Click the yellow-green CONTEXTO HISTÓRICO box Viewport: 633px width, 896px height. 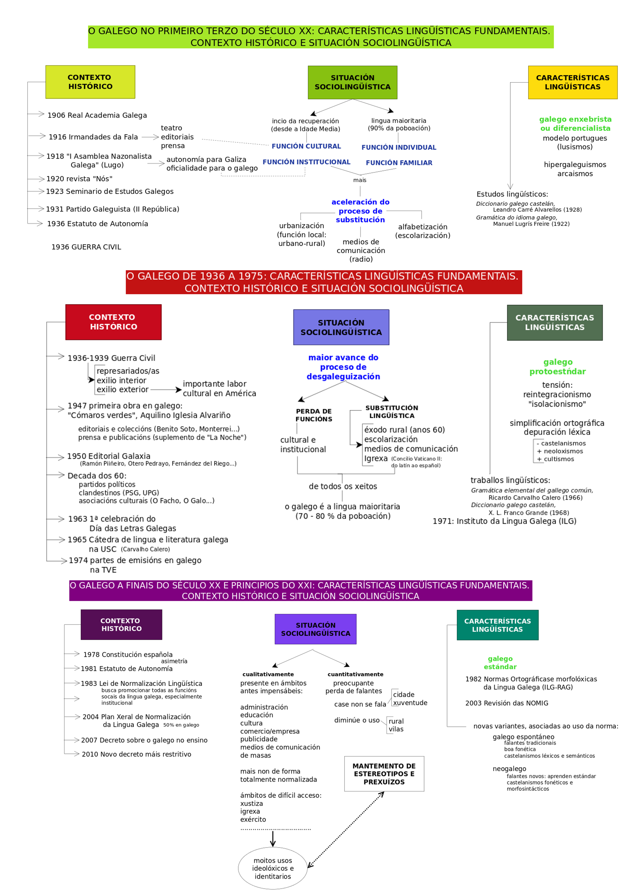coord(90,82)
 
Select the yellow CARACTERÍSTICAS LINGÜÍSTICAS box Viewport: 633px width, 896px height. coord(572,82)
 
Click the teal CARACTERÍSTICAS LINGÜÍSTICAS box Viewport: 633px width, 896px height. coord(497,625)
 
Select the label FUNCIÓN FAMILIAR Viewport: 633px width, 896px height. coord(399,163)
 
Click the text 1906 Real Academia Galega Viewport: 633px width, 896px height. coord(97,115)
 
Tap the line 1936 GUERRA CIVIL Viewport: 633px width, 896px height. coord(86,247)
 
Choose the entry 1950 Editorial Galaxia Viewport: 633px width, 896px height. coord(108,456)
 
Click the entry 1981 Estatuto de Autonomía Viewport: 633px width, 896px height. coord(126,668)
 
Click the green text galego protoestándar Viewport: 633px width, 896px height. coord(557,367)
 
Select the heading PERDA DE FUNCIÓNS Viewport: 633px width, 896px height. coord(314,415)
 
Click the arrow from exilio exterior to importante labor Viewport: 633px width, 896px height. coord(166,390)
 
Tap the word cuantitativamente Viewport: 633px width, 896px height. coord(355,674)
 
